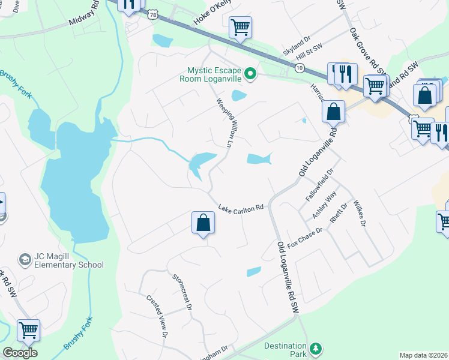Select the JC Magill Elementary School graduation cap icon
25,259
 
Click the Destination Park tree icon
315,348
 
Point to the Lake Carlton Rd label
241,208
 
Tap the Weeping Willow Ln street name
224,122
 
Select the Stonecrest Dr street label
181,292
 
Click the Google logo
20,352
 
